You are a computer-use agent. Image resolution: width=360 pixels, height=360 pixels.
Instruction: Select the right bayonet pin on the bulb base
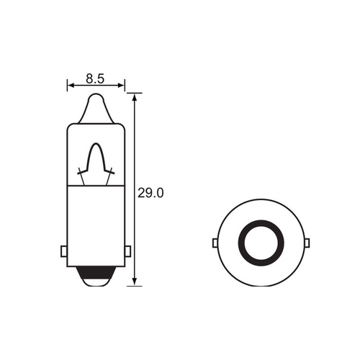[x=128, y=251]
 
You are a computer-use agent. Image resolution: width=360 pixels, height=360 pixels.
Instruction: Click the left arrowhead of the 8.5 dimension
[x=71, y=85]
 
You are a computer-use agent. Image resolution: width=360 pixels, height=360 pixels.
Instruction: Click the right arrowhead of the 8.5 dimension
[x=122, y=85]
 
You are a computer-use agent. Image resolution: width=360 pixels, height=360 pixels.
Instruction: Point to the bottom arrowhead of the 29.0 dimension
[x=135, y=281]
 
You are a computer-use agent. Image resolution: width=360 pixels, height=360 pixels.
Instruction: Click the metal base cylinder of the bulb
[x=96, y=223]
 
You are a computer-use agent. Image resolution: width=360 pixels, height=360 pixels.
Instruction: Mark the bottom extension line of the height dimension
[x=133, y=285]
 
